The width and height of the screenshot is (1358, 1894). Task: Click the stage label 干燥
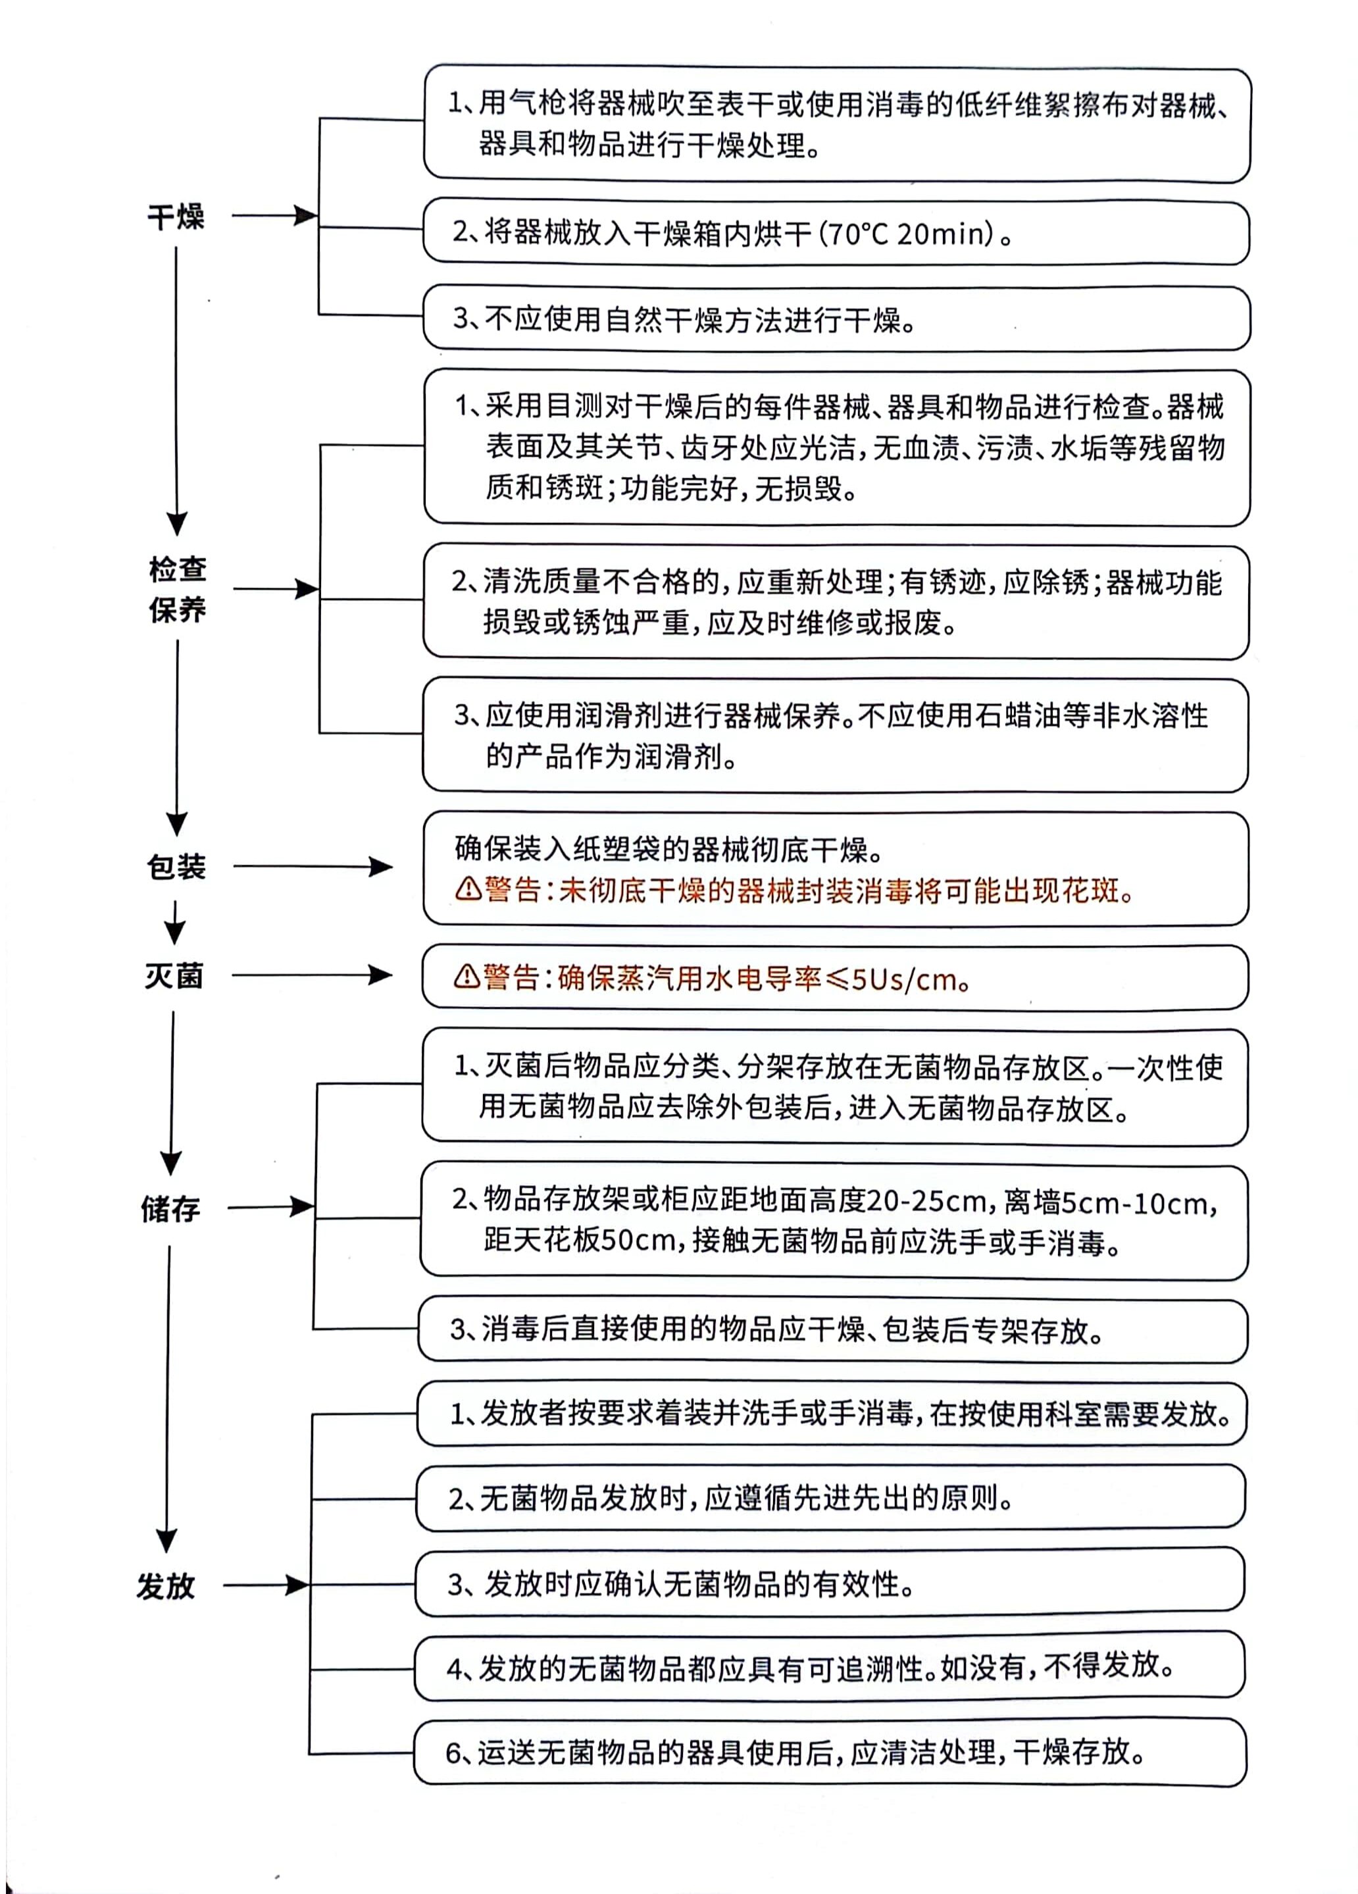176,217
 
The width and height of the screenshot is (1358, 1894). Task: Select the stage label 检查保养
177,590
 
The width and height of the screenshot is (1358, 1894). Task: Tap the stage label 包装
176,867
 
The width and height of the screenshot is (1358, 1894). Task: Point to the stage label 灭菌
174,975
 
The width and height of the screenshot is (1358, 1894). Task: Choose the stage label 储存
170,1208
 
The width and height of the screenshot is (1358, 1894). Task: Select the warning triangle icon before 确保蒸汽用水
466,975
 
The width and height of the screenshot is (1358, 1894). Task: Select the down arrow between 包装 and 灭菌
174,922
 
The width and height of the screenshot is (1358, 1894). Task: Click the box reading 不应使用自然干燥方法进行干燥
835,319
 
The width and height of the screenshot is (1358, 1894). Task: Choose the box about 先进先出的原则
830,1499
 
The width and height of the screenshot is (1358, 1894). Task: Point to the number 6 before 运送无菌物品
453,1753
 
